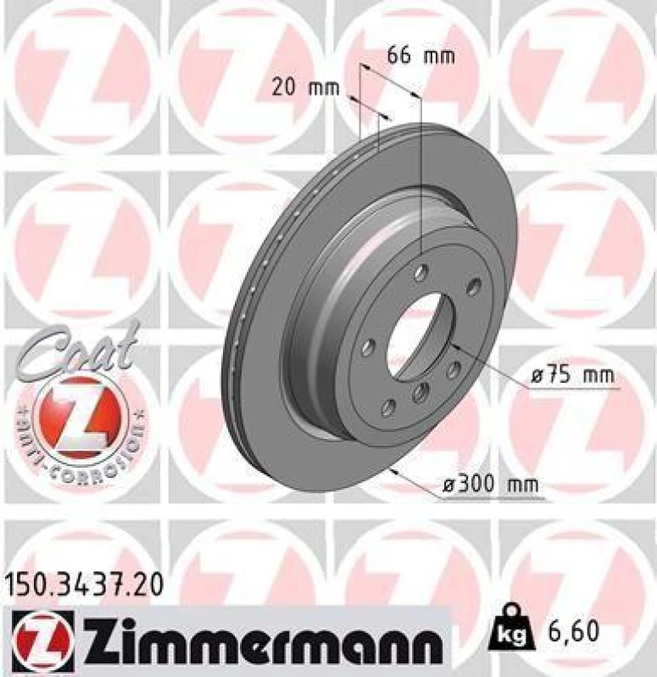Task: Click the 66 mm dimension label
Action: tap(420, 57)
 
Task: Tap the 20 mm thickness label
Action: tap(305, 86)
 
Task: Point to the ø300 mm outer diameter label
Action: tap(492, 486)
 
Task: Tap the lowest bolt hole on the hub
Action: tap(387, 408)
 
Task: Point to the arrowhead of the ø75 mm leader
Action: tap(455, 347)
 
